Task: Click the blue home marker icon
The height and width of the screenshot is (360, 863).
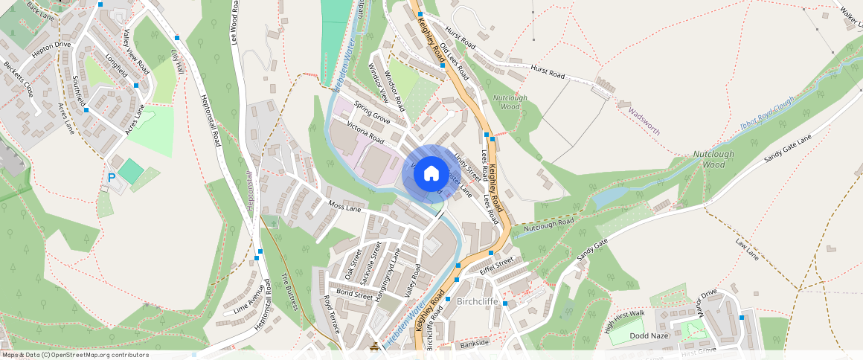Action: click(431, 174)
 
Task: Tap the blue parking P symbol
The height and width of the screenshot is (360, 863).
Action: click(112, 178)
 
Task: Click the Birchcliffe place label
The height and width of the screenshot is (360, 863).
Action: click(476, 302)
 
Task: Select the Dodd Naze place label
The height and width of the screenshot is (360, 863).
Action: click(649, 335)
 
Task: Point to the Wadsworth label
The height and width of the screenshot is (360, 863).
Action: click(644, 120)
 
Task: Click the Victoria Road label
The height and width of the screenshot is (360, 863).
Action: click(365, 133)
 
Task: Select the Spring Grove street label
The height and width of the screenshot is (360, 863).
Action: click(372, 112)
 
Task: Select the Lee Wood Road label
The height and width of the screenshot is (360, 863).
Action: click(235, 23)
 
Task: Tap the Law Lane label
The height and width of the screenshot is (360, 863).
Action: click(747, 249)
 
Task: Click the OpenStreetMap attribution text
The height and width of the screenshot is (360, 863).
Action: click(74, 355)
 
